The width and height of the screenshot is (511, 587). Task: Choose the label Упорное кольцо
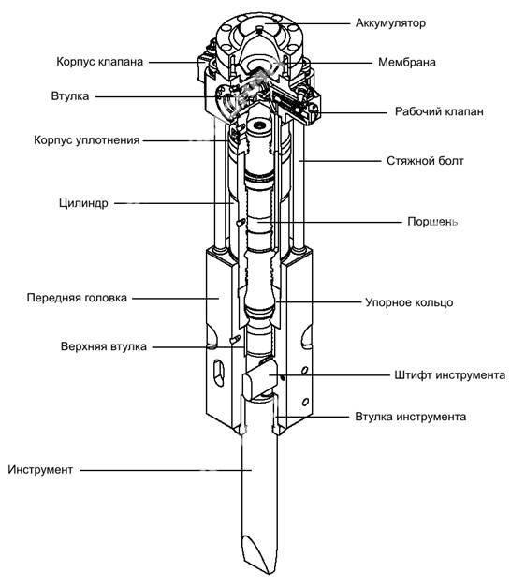408,303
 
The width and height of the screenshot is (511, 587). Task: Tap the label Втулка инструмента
410,415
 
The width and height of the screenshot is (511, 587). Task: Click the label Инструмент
39,468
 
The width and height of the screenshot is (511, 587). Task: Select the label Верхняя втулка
107,346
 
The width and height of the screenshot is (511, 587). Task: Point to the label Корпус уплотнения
85,140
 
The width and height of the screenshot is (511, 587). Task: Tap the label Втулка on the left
70,95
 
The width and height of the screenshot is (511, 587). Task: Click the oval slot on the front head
217,371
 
